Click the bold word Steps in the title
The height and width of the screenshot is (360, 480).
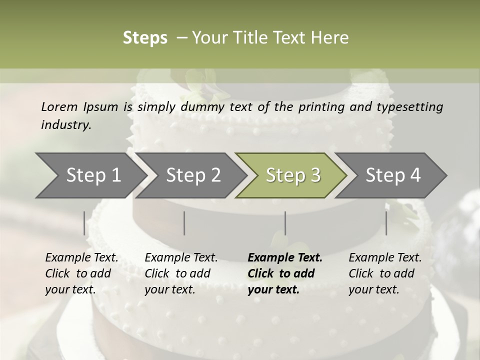tap(145, 38)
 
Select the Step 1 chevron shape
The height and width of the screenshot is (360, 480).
tap(90, 175)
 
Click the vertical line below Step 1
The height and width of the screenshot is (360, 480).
tap(84, 223)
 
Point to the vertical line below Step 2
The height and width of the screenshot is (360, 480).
tap(184, 223)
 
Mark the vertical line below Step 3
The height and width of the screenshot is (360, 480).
tap(285, 223)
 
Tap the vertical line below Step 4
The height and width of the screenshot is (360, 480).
tap(386, 223)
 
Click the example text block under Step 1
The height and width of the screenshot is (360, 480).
tap(81, 273)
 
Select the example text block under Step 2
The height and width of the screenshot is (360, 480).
tap(181, 273)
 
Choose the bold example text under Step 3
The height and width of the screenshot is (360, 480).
tap(285, 273)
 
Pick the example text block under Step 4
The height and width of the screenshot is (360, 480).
tap(385, 273)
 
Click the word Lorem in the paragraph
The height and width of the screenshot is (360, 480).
tap(59, 106)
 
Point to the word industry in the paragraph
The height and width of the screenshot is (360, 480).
tap(65, 125)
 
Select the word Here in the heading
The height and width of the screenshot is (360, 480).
tap(330, 38)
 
